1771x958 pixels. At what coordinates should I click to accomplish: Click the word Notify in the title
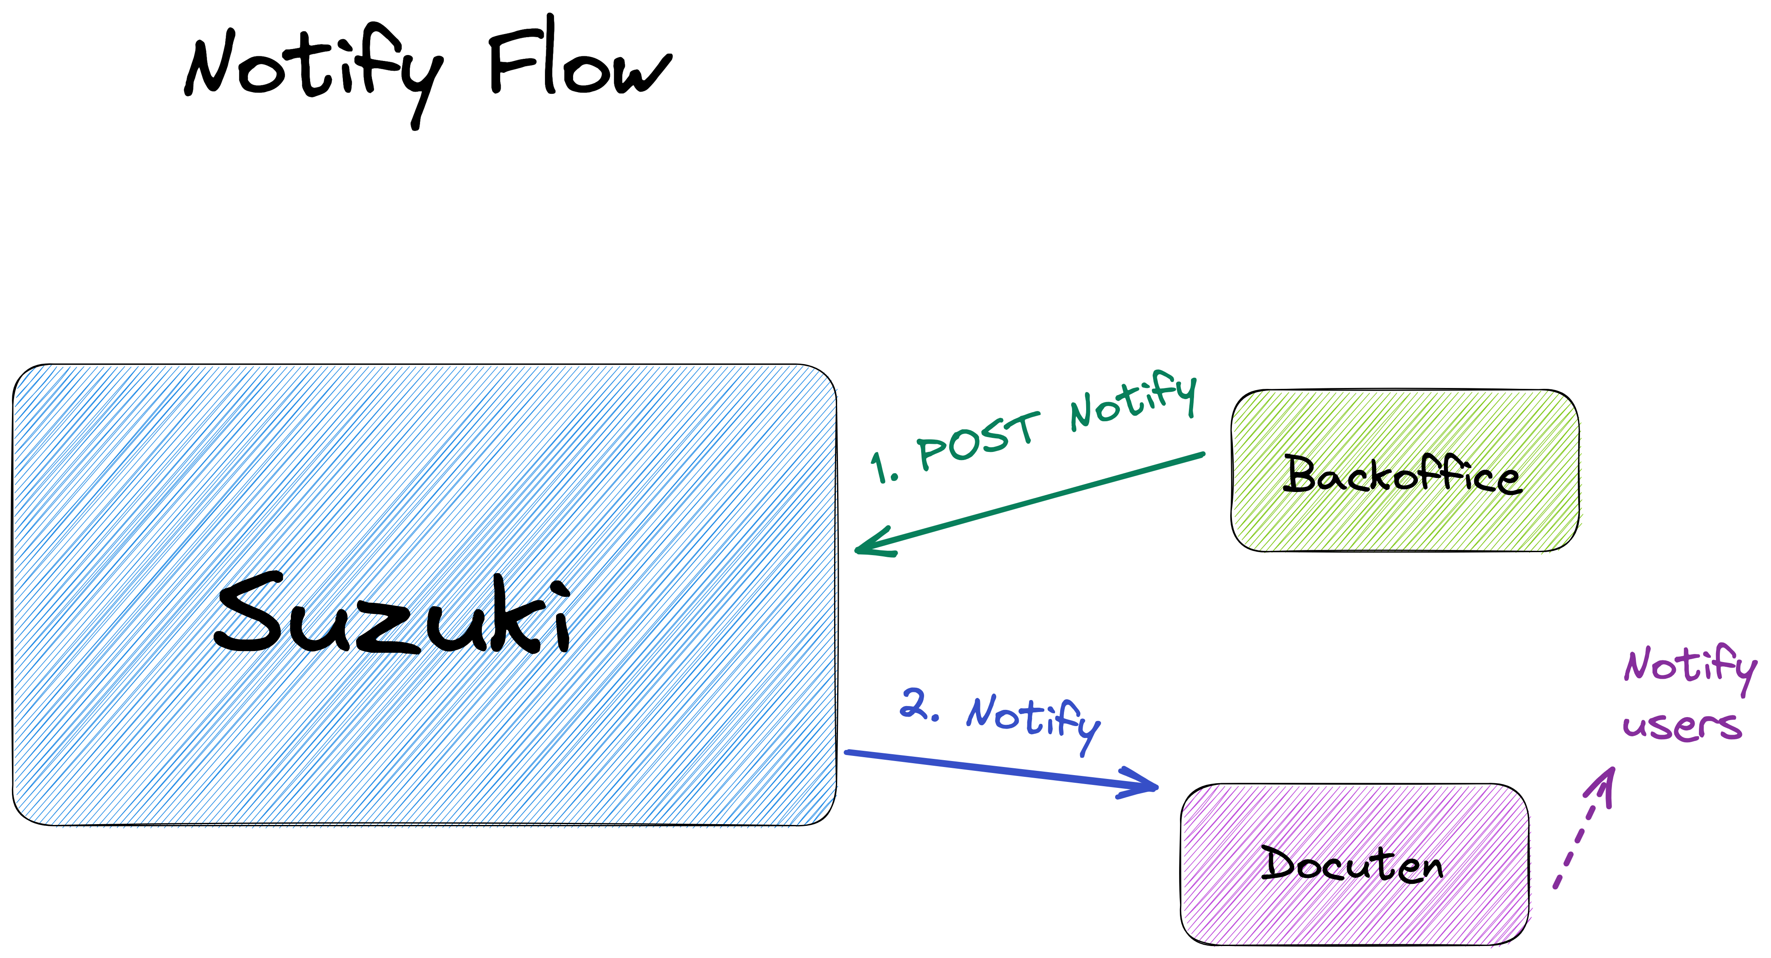pos(313,69)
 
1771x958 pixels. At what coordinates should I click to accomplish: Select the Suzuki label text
pos(392,615)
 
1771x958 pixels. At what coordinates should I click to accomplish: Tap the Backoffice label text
pos(1403,474)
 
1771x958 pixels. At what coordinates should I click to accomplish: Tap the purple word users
pos(1681,726)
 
